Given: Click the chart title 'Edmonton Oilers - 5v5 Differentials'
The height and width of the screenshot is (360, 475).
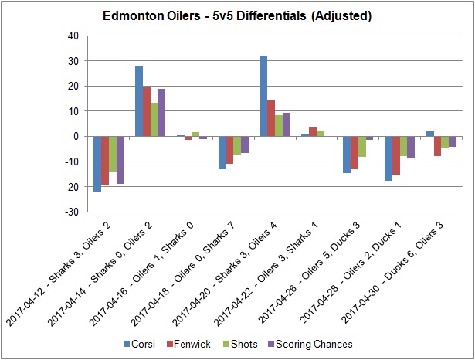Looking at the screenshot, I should point(237,15).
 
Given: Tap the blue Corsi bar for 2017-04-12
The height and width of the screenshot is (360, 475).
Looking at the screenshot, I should point(97,164).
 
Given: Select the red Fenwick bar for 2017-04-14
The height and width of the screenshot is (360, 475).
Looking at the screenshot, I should point(147,112).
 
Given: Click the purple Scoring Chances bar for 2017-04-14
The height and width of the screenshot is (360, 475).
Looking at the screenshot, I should point(162,113).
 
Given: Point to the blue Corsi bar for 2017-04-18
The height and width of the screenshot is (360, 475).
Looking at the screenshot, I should point(222,152).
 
